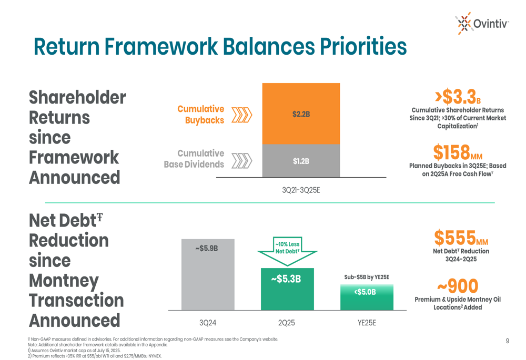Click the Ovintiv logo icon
pyautogui.click(x=464, y=24)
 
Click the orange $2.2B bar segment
pyautogui.click(x=301, y=114)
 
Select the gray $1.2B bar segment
pyautogui.click(x=301, y=161)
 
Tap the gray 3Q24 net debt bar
pyautogui.click(x=208, y=274)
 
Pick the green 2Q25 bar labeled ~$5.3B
pyautogui.click(x=287, y=289)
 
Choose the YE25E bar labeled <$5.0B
pyautogui.click(x=367, y=297)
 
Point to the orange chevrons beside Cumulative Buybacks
pyautogui.click(x=241, y=115)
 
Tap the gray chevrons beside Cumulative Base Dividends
pyautogui.click(x=241, y=161)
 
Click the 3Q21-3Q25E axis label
pyautogui.click(x=301, y=190)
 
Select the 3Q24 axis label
pyautogui.click(x=208, y=323)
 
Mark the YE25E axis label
pyautogui.click(x=367, y=323)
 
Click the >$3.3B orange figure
pyautogui.click(x=458, y=97)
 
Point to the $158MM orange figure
pyautogui.click(x=458, y=152)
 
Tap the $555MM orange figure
pyautogui.click(x=461, y=238)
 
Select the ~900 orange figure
pyautogui.click(x=458, y=286)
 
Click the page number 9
pyautogui.click(x=508, y=341)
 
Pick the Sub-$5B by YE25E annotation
pyautogui.click(x=367, y=277)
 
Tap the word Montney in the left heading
pyautogui.click(x=64, y=281)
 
